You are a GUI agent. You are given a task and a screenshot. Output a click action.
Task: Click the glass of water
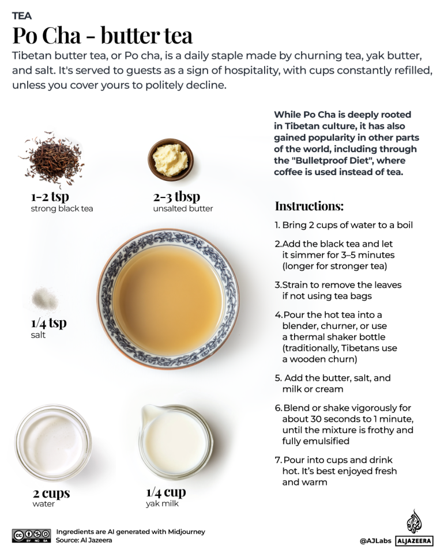[x=53, y=442]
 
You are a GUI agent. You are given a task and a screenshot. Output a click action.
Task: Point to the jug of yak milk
[x=173, y=442]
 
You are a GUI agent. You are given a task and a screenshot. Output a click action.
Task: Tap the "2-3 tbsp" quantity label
[x=172, y=196]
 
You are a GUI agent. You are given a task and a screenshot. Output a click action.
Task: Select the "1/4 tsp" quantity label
[x=48, y=322]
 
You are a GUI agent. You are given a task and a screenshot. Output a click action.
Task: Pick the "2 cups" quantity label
[x=51, y=493]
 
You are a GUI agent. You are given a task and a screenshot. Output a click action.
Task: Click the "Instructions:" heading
[x=309, y=206]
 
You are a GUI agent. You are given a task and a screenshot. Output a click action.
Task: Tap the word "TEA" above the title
[x=22, y=16]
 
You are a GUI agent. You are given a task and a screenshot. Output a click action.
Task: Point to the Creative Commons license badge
[x=31, y=536]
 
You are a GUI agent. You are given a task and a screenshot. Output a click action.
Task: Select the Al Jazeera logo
[x=414, y=529]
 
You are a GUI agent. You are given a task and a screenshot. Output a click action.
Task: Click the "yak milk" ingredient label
[x=162, y=504]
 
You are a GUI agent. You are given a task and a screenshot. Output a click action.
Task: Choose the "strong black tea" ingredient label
[x=62, y=208]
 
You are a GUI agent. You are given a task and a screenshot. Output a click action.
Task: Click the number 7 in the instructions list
[x=277, y=460]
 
